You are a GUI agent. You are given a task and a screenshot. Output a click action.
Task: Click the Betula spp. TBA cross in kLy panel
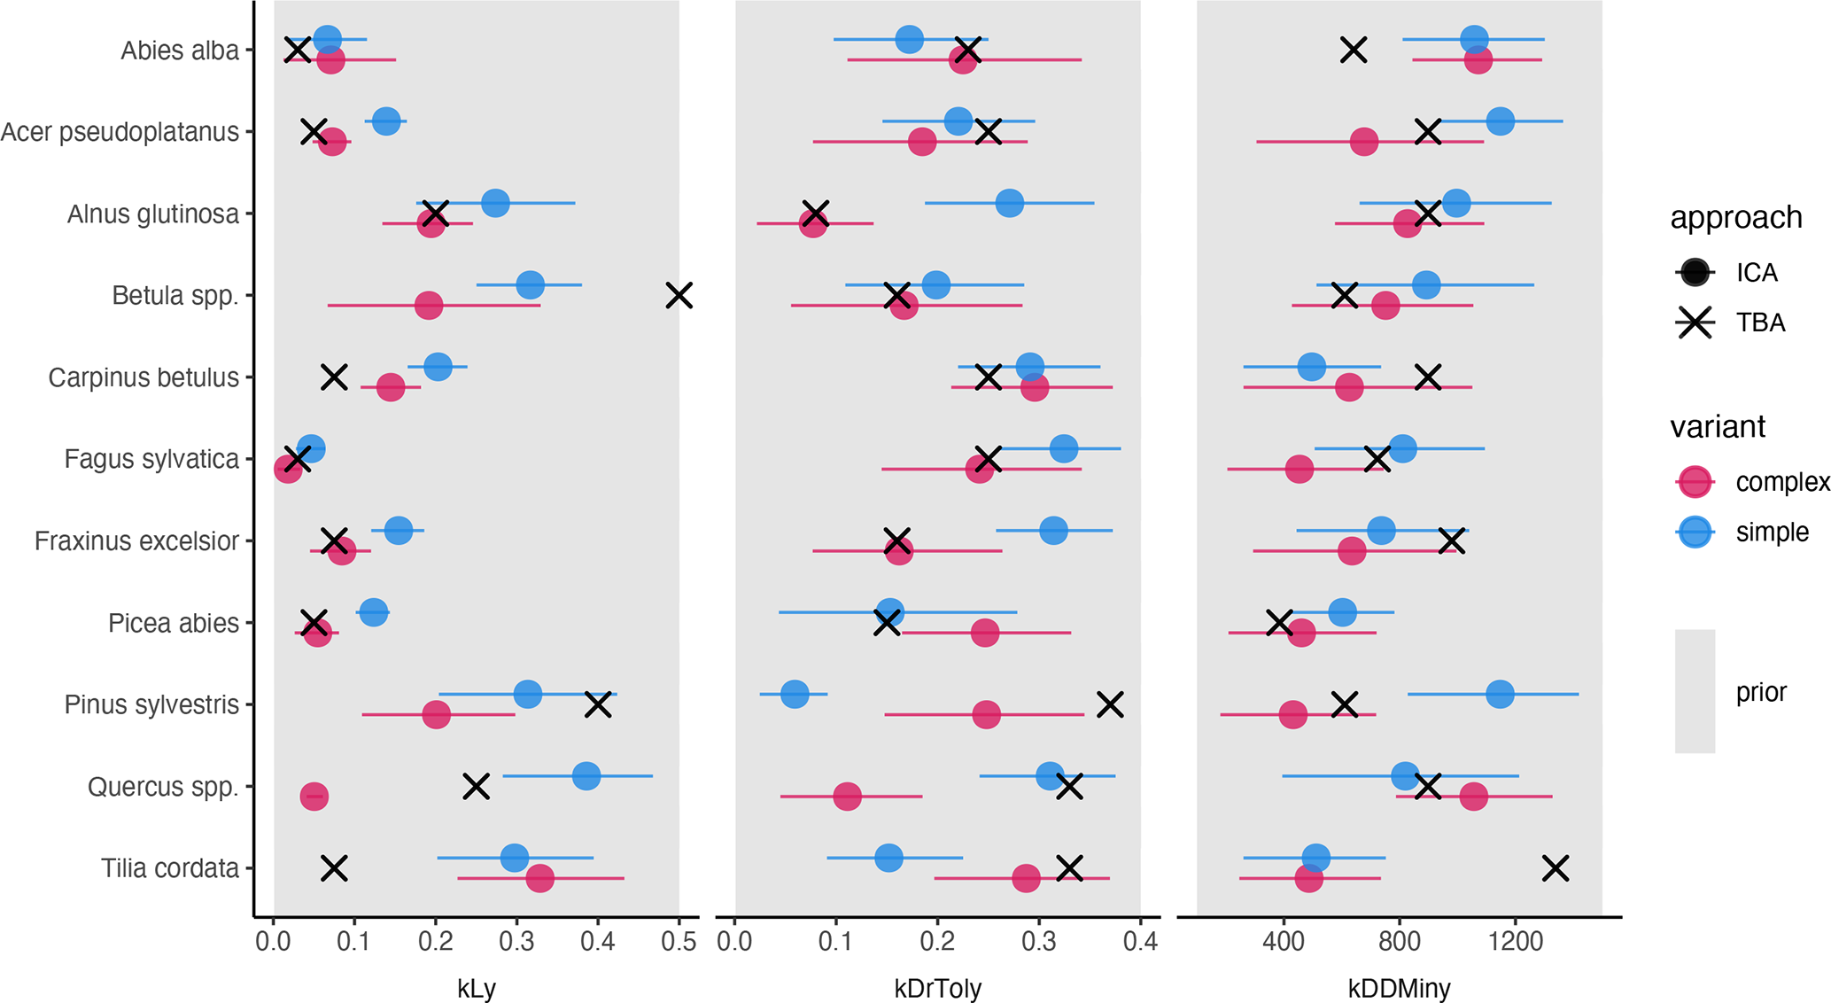click(679, 295)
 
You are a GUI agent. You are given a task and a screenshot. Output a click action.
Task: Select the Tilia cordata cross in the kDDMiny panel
click(1556, 868)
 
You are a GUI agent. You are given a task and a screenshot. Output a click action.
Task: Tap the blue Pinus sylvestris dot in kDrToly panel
click(795, 694)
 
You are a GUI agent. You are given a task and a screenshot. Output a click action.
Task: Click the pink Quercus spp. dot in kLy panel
click(314, 797)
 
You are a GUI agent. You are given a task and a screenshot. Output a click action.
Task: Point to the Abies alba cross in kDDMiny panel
click(1354, 50)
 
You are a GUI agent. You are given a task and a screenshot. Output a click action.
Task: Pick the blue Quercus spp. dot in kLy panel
click(586, 776)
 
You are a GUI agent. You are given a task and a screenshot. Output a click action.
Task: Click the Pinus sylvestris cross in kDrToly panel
click(1110, 704)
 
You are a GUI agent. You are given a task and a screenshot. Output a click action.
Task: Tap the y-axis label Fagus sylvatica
click(151, 459)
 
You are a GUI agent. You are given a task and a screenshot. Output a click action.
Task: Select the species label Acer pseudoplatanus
click(120, 132)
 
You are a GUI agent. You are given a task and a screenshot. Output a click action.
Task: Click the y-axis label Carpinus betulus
click(144, 377)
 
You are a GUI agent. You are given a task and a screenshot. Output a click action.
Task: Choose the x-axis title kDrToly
click(937, 988)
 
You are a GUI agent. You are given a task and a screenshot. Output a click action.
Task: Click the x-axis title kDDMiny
click(1399, 988)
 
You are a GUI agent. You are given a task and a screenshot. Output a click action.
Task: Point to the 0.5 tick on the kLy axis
click(679, 940)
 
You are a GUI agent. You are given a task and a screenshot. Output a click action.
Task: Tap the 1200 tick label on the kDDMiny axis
click(1515, 940)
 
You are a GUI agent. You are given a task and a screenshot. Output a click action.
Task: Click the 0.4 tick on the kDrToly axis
click(1140, 940)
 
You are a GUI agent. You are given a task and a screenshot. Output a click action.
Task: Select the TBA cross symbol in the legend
click(1695, 323)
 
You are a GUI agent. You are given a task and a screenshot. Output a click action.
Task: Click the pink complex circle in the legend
click(1695, 482)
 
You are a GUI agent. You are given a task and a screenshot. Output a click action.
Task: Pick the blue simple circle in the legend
click(1695, 532)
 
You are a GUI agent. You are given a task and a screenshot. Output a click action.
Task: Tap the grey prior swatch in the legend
click(1695, 691)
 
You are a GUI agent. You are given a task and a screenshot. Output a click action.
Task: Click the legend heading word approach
click(1735, 217)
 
